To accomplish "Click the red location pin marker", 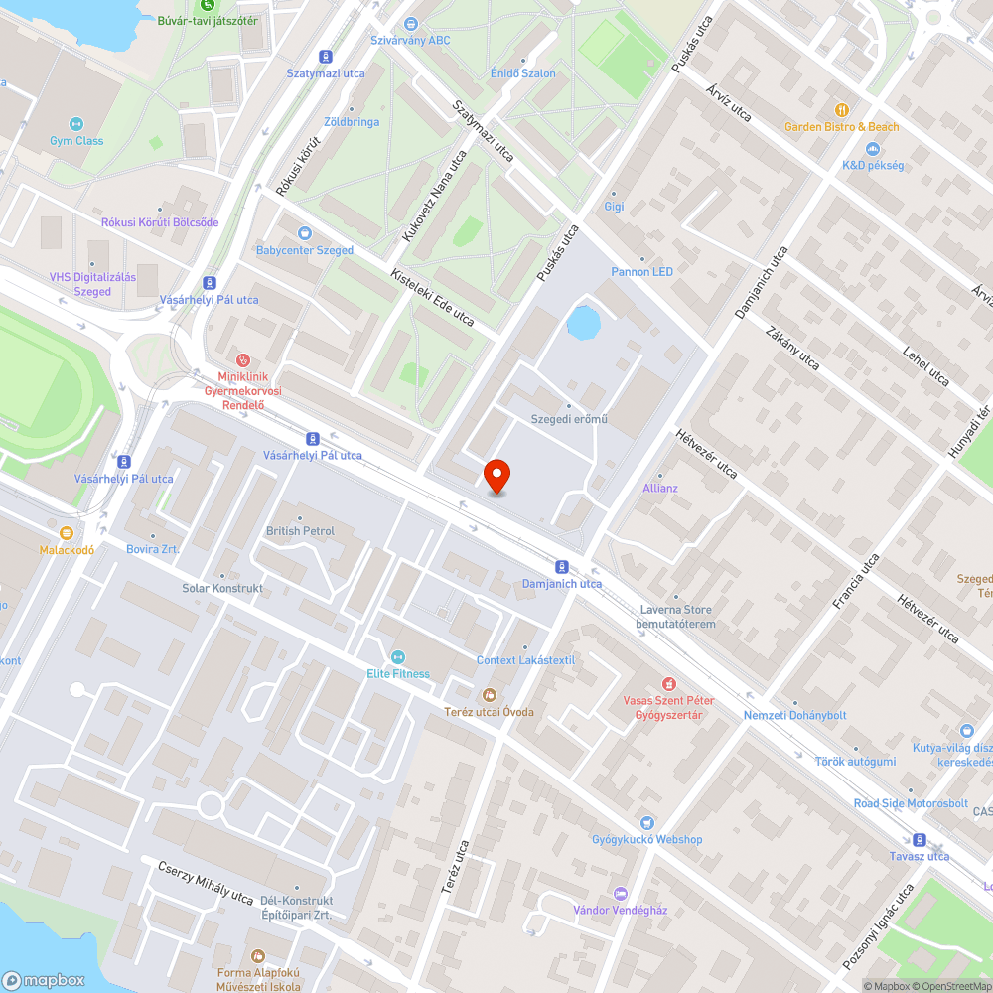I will (x=496, y=476).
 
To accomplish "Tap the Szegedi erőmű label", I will (x=570, y=418).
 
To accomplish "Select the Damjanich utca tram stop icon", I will (x=562, y=567).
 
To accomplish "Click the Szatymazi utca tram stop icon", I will (x=326, y=57).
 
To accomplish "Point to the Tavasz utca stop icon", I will (x=920, y=839).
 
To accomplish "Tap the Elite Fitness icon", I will (x=398, y=657).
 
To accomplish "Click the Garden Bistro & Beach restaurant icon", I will (x=842, y=110).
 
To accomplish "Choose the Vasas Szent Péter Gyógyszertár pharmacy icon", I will (x=669, y=684).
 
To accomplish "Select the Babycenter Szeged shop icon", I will (x=289, y=233).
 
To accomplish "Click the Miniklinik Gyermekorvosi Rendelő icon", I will (x=242, y=359).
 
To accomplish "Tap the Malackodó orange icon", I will (x=67, y=533).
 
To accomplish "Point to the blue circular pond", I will (x=583, y=322).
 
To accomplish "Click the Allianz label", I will (x=659, y=488).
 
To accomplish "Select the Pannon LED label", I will (x=641, y=271).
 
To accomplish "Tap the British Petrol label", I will (x=300, y=531).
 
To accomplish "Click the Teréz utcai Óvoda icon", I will (x=488, y=694).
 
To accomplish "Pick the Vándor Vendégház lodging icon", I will (x=621, y=893).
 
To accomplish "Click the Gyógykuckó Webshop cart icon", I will (x=647, y=822).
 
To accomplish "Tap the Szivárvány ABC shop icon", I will (x=411, y=24).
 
